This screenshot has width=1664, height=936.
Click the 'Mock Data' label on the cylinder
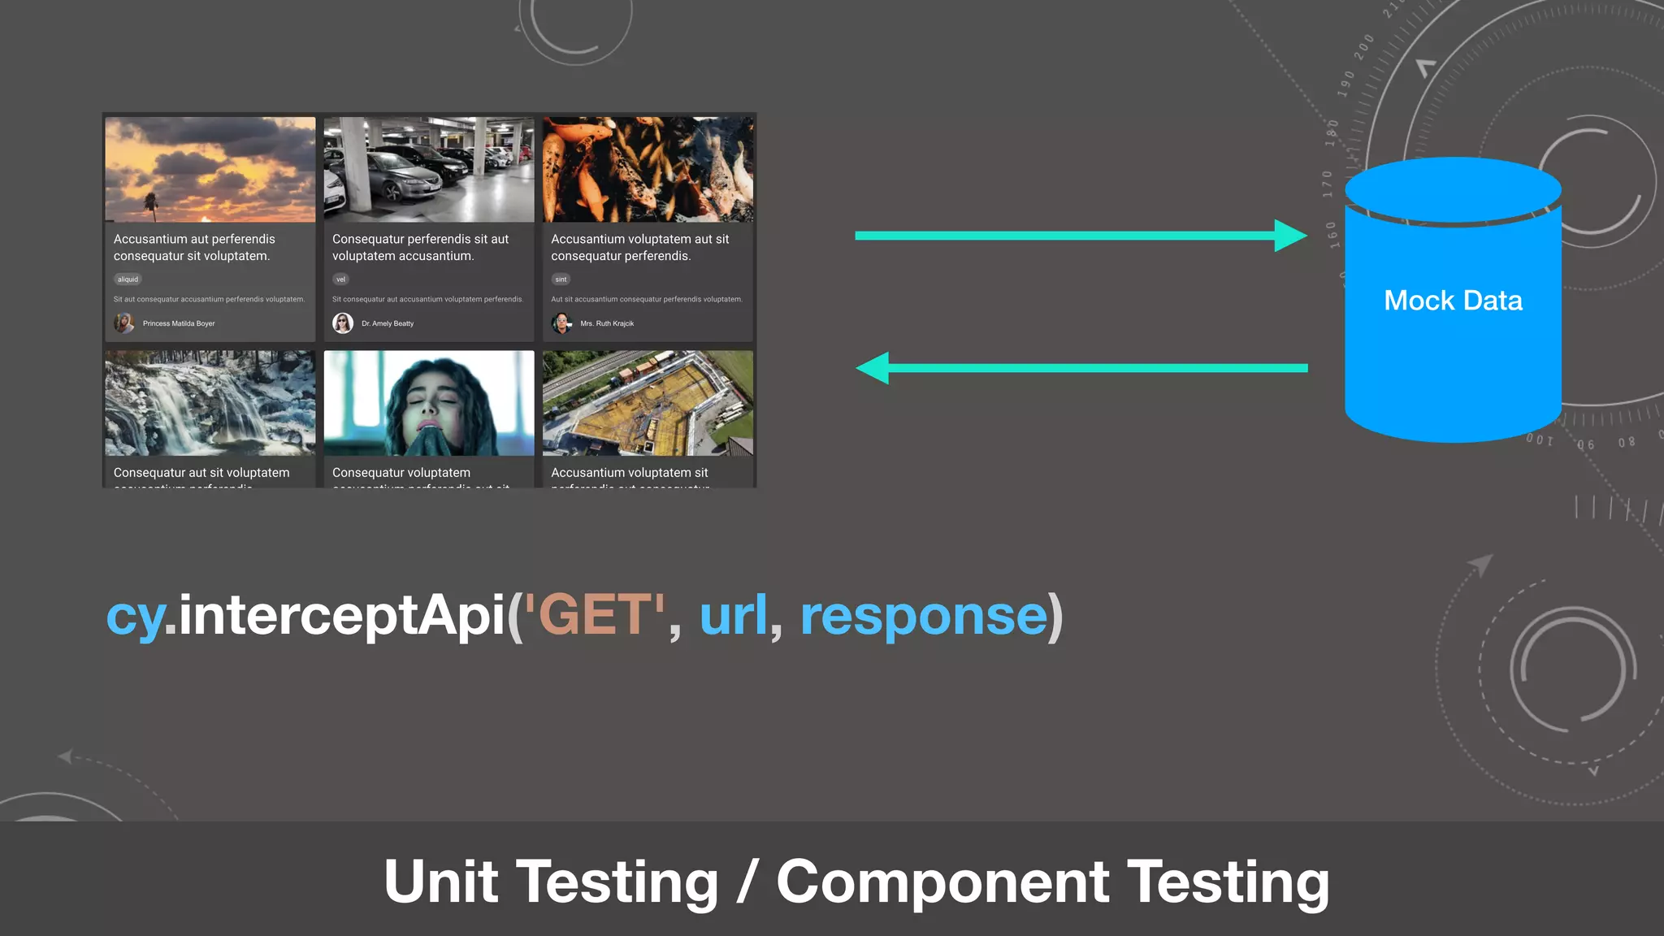(1453, 301)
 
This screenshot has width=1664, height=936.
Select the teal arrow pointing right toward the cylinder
(1081, 236)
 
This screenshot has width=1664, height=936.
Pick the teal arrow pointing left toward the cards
(1081, 368)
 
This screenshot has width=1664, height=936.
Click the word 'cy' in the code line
(134, 615)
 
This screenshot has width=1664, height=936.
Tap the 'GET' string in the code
(595, 615)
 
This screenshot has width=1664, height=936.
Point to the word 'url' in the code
(733, 615)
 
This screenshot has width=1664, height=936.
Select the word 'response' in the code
(924, 615)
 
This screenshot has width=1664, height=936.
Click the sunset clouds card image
(210, 169)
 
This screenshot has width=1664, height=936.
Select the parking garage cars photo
(429, 169)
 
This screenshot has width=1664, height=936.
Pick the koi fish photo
(648, 169)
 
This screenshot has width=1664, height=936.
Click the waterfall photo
(210, 403)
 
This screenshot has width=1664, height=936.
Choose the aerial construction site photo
(648, 403)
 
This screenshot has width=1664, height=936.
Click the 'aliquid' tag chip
(128, 279)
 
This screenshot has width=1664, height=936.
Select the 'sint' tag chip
(561, 279)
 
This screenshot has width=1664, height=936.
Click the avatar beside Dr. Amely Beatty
(343, 323)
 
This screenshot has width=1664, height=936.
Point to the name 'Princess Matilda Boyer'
(179, 323)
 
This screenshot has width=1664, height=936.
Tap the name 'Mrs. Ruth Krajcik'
(607, 323)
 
